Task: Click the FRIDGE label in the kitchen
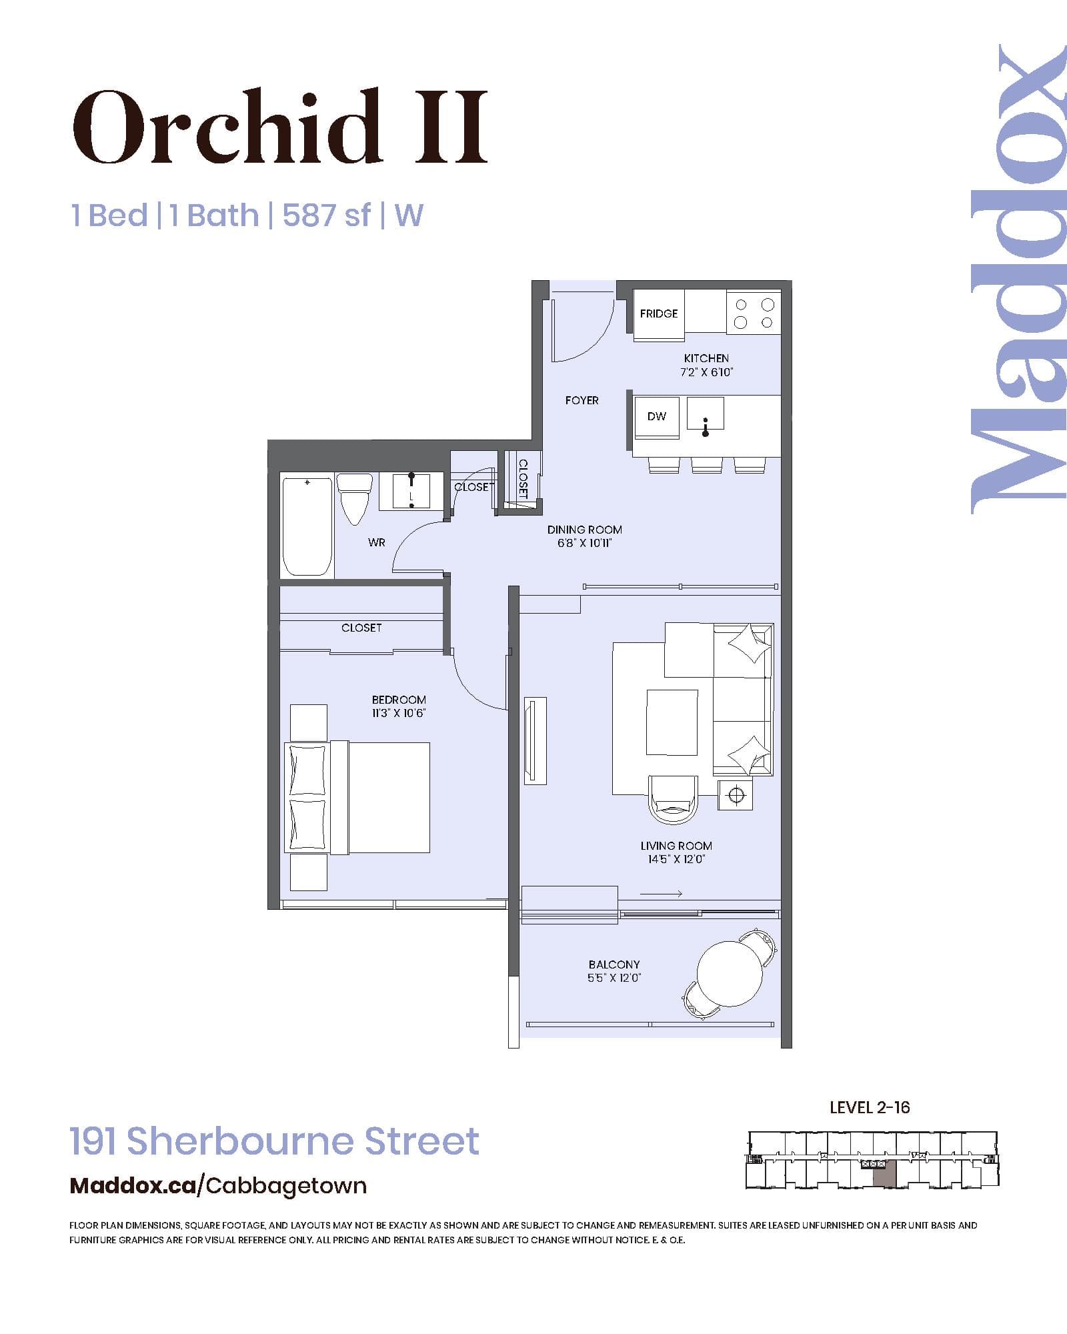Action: click(658, 313)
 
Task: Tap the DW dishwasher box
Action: click(656, 417)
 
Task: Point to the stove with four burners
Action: click(754, 313)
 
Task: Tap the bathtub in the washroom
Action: click(307, 526)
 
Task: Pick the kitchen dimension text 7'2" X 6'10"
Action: click(706, 373)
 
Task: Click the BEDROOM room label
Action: click(399, 700)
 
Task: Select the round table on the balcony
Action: click(730, 973)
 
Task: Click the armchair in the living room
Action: click(674, 800)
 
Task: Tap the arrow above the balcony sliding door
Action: click(660, 894)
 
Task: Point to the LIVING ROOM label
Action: click(676, 846)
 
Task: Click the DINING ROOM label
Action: click(584, 530)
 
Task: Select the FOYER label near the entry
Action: click(582, 400)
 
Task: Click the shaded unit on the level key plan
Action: click(884, 1177)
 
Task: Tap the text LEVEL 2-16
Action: click(870, 1108)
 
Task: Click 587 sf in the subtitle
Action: click(326, 215)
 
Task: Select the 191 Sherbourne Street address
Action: click(274, 1141)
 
